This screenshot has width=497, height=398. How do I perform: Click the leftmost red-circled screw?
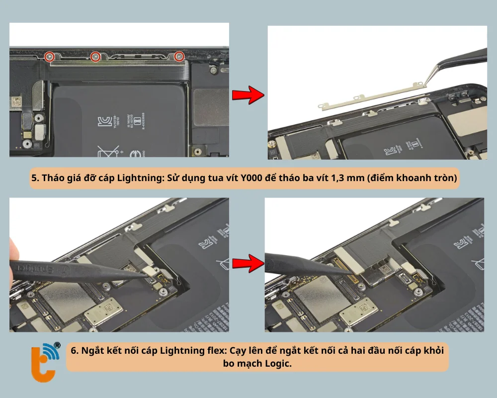[x=49, y=57]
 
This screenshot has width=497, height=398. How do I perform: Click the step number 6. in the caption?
[x=75, y=350]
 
